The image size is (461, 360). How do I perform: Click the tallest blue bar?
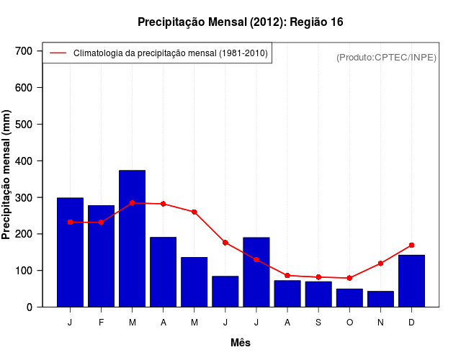[x=132, y=238]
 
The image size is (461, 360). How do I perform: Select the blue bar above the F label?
[x=101, y=256]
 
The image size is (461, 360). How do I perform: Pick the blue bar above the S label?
[x=318, y=294]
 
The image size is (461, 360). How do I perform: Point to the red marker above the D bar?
[x=411, y=246]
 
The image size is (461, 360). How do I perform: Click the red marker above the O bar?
[x=349, y=278]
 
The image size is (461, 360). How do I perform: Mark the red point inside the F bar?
[x=101, y=222]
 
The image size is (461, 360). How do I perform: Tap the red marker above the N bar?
[x=380, y=264]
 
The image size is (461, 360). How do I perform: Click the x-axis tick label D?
[x=411, y=323]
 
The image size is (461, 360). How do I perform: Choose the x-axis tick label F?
[x=101, y=323]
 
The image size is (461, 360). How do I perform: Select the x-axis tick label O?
[x=349, y=323]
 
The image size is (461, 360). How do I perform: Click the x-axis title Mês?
[x=241, y=343]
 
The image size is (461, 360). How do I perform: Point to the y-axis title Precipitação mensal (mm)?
[x=7, y=175]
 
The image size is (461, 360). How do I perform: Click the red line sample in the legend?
[x=58, y=53]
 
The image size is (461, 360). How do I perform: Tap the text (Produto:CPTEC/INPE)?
[x=386, y=57]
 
